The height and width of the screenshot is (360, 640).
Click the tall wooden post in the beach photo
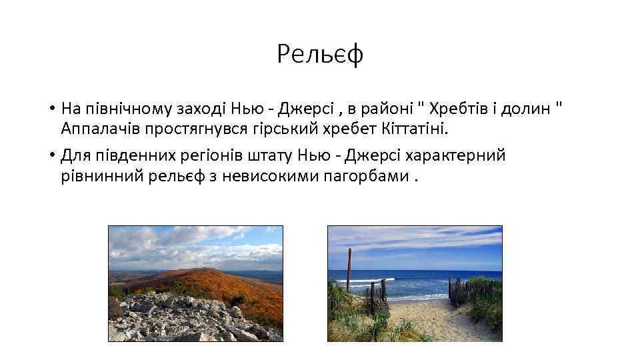point(349,270)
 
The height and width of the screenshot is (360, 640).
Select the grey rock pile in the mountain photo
point(180,319)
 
